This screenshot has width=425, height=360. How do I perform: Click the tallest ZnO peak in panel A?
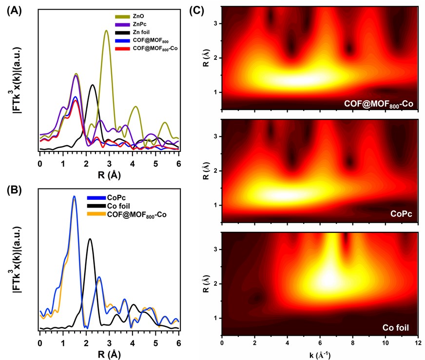click(106, 31)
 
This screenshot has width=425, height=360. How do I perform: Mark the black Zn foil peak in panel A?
click(93, 85)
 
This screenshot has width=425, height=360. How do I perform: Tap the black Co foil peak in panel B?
click(90, 239)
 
